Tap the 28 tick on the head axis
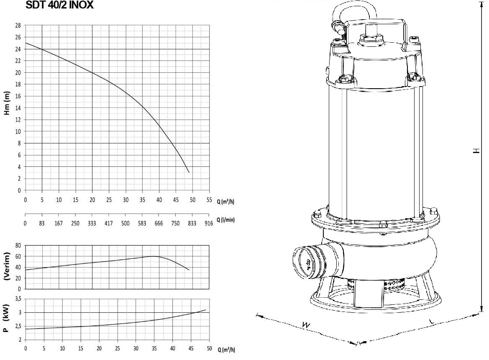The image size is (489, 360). pyautogui.click(x=18, y=26)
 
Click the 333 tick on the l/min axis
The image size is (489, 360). pyautogui.click(x=92, y=224)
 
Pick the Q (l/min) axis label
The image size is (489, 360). pyautogui.click(x=225, y=220)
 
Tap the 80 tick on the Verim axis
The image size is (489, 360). pyautogui.click(x=18, y=246)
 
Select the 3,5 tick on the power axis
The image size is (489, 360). pyautogui.click(x=18, y=299)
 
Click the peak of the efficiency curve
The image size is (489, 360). pyautogui.click(x=154, y=256)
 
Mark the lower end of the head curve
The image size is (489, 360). pyautogui.click(x=189, y=172)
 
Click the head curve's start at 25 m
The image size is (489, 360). pyautogui.click(x=26, y=43)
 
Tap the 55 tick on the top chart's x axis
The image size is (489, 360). pyautogui.click(x=209, y=200)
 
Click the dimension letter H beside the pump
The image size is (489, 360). pyautogui.click(x=476, y=151)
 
